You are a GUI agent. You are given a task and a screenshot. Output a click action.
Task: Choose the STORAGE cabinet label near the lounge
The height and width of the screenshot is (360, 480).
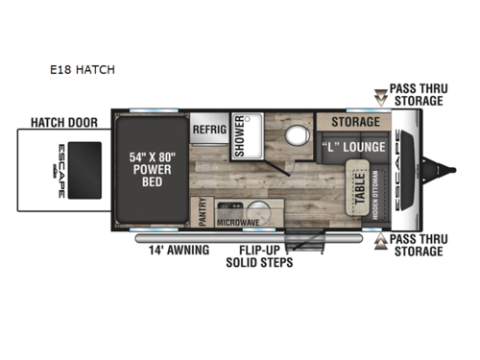356,123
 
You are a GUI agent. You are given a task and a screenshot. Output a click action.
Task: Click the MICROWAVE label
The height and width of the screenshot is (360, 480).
240,222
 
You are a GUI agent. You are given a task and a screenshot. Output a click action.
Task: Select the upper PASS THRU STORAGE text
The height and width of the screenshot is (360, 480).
417,94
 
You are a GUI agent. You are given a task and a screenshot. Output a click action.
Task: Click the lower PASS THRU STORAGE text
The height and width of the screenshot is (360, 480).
417,246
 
